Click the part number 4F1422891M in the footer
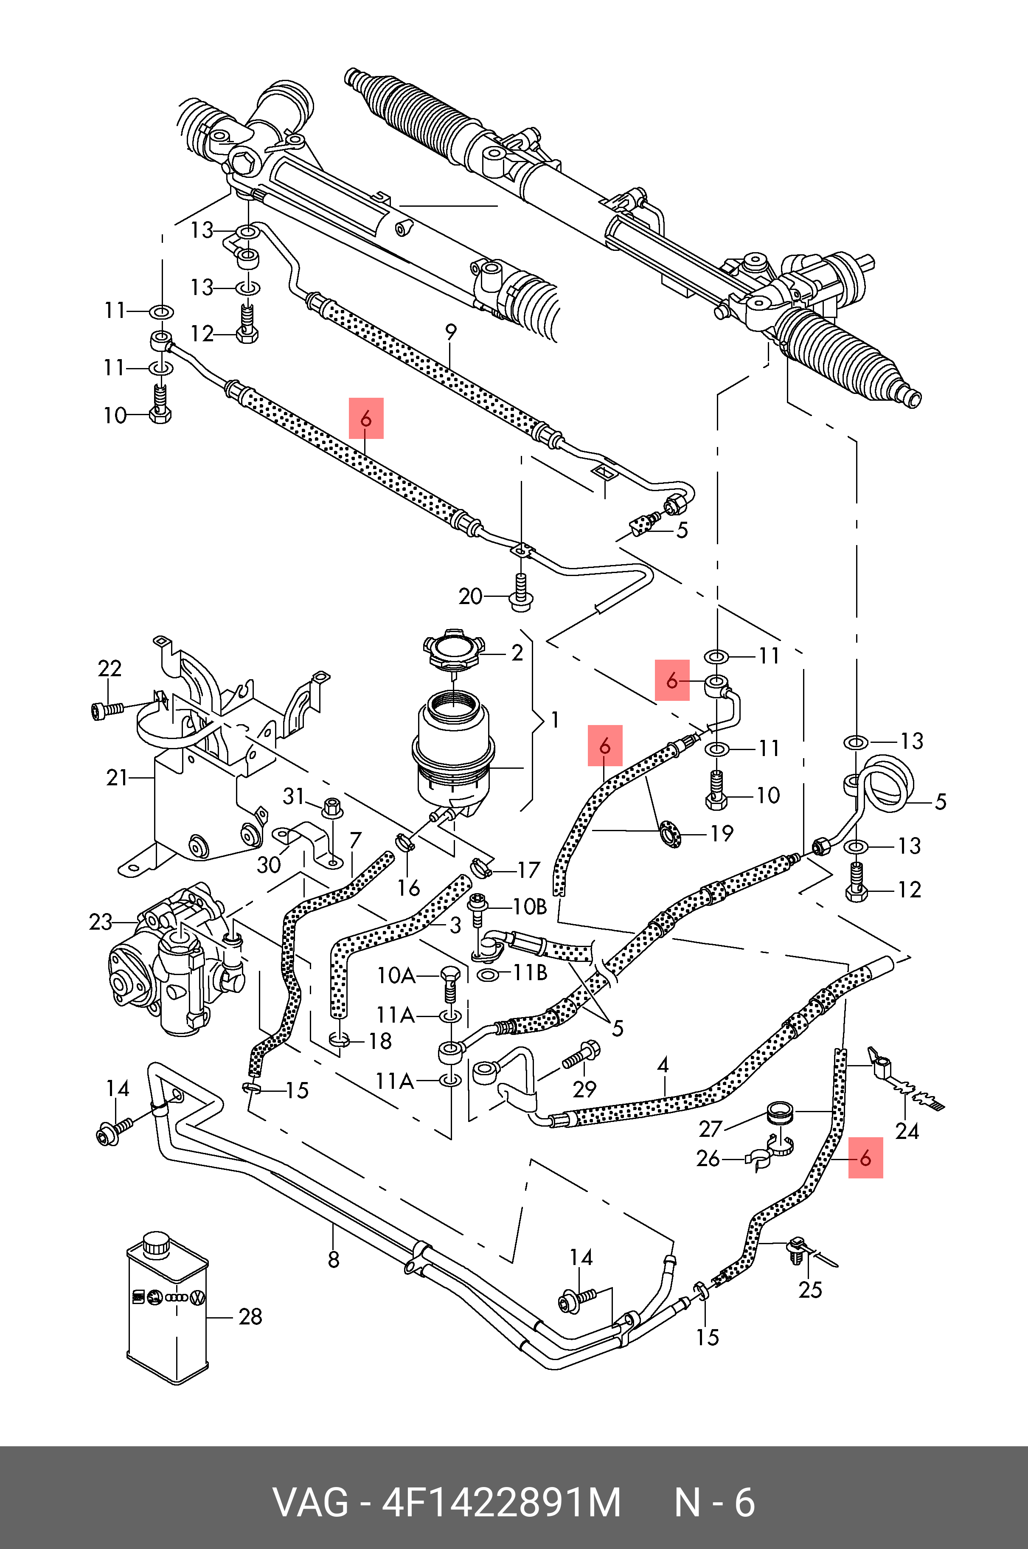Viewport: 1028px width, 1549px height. (502, 1503)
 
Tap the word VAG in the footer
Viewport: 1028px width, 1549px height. (310, 1503)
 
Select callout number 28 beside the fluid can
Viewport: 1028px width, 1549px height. (250, 1316)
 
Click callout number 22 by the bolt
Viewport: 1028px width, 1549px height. (110, 668)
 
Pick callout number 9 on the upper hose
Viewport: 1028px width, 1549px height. (451, 332)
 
